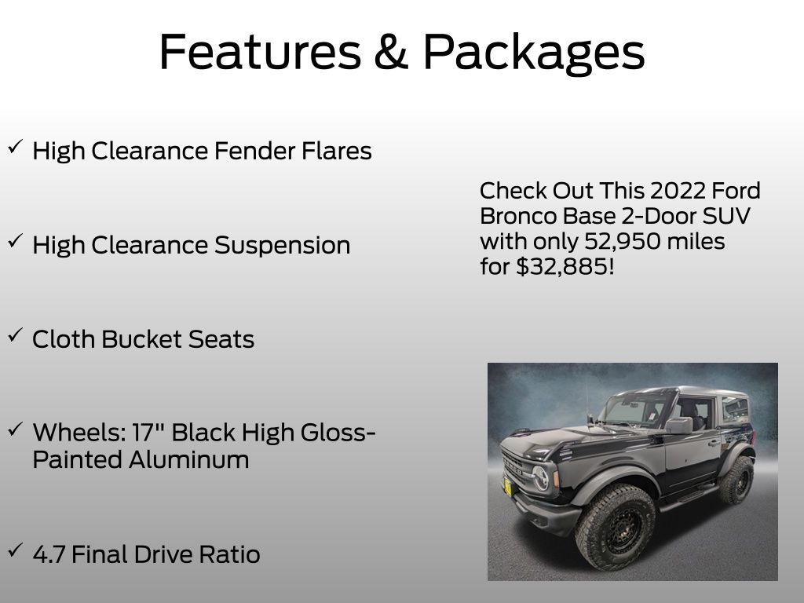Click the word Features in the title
[261, 51]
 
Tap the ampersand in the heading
[392, 51]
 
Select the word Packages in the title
[534, 54]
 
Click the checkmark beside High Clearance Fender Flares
[16, 147]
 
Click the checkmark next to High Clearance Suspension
[16, 242]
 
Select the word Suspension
[282, 246]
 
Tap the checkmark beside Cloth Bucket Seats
[16, 335]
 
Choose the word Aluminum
[188, 459]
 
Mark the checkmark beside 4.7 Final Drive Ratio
[16, 550]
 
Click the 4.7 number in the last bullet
[49, 555]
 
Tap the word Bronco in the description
[518, 216]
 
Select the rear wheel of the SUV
[736, 480]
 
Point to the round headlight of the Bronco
[540, 478]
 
